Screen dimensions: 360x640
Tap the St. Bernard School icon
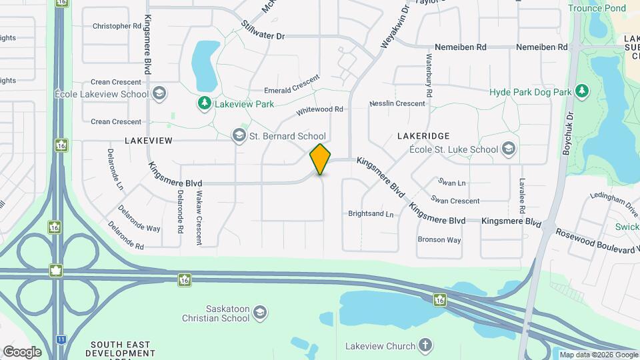239,136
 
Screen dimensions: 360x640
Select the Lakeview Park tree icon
205,103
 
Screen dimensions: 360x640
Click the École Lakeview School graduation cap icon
159,93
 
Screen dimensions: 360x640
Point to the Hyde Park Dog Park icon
582,91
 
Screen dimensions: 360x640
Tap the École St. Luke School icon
509,148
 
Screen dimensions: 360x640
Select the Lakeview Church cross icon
425,345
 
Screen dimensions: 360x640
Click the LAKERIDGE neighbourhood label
423,135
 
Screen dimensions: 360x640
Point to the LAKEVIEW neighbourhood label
148,141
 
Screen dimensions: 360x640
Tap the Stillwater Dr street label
263,31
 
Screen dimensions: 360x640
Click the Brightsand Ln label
371,214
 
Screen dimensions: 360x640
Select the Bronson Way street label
439,240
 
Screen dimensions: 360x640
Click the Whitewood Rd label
319,109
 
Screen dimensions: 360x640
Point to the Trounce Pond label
597,8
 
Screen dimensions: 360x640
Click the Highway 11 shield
61,339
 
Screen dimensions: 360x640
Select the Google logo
22,352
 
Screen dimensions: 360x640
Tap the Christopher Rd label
117,26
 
